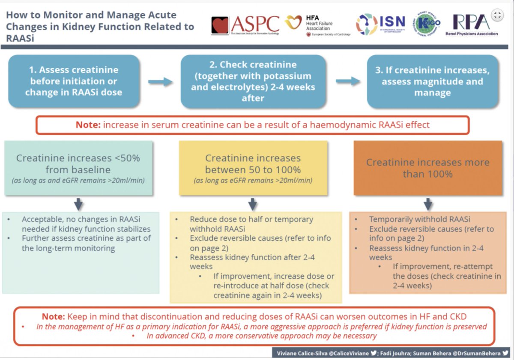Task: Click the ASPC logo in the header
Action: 245,25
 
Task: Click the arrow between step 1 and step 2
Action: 160,82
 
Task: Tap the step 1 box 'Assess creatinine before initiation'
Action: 74,81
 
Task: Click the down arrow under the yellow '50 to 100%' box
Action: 253,204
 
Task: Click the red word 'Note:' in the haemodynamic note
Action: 87,125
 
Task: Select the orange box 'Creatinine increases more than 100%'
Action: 427,168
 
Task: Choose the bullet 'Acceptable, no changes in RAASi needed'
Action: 86,223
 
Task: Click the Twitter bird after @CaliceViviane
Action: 374,353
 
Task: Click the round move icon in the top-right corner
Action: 497,16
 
